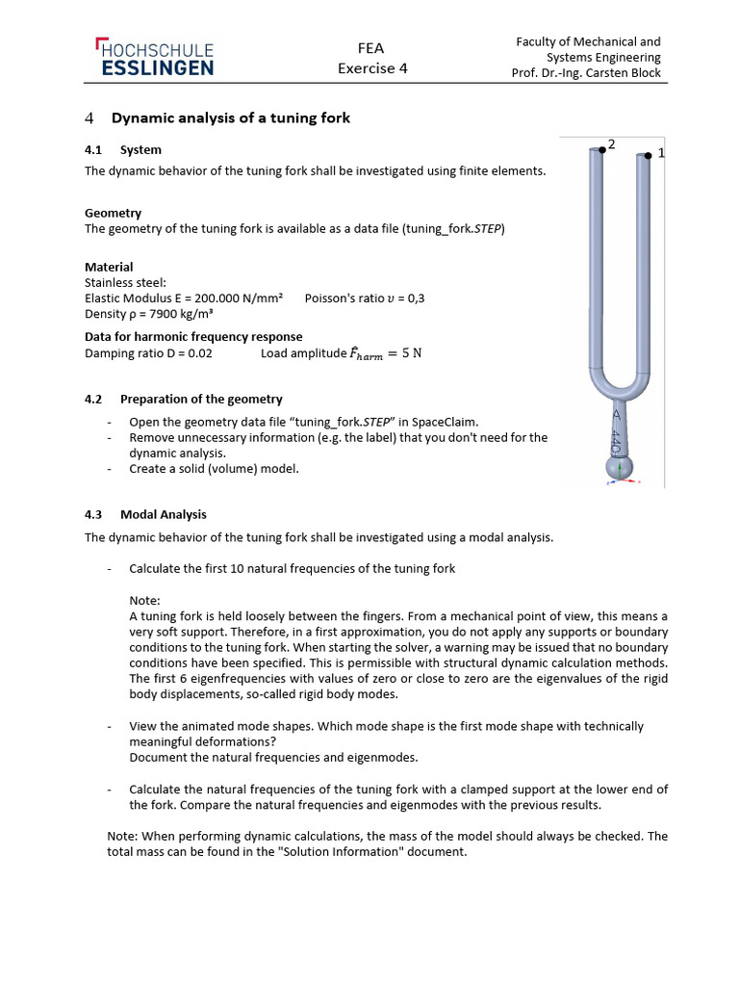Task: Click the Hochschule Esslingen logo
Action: [154, 58]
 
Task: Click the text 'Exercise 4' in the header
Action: [371, 68]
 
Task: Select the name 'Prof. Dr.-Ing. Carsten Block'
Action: [586, 73]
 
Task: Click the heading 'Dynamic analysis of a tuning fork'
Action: [231, 118]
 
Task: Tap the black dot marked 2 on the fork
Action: [602, 147]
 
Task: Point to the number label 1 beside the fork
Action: [661, 154]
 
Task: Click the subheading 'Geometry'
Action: [113, 213]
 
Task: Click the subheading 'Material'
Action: [109, 267]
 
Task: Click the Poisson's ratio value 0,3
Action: [415, 298]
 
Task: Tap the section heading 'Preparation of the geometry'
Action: [201, 399]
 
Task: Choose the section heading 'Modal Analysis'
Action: [164, 514]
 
